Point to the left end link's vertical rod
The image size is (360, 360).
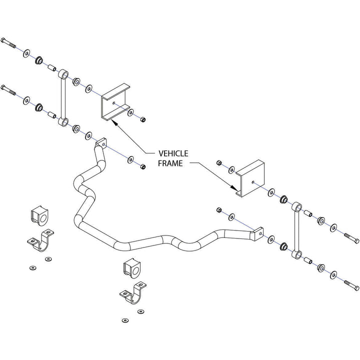[x=62, y=97]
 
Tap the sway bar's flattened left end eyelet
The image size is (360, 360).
[x=101, y=143]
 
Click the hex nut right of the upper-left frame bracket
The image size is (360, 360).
[x=141, y=119]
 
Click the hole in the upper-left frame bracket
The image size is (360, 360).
[x=115, y=104]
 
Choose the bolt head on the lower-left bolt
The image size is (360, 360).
[x=4, y=89]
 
